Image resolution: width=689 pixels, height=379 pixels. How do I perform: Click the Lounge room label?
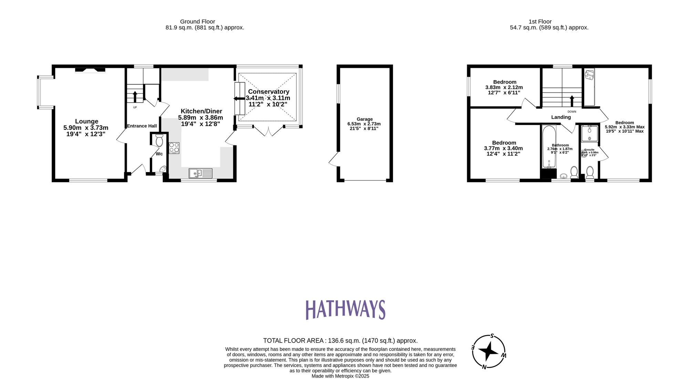click(x=86, y=122)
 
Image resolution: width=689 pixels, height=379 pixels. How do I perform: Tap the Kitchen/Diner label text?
click(x=201, y=111)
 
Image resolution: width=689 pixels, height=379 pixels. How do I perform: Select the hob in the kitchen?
click(x=174, y=148)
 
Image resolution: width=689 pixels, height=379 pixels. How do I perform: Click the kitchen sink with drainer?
click(x=200, y=173)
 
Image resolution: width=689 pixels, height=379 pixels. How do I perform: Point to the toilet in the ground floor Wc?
click(x=159, y=141)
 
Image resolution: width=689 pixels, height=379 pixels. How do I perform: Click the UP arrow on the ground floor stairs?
click(x=135, y=96)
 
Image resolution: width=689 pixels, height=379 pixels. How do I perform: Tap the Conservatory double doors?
click(x=269, y=131)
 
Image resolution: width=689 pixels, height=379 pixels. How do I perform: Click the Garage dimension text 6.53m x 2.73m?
click(x=364, y=124)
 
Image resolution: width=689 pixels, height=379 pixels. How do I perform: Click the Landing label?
click(x=561, y=117)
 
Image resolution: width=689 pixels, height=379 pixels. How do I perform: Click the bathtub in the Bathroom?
click(x=549, y=147)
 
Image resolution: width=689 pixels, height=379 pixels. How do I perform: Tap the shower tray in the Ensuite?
click(x=589, y=134)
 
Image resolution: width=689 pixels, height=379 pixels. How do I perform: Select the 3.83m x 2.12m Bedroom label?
click(x=504, y=87)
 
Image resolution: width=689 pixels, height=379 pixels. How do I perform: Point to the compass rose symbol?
click(x=489, y=351)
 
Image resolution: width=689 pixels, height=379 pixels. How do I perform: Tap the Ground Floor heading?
click(x=197, y=22)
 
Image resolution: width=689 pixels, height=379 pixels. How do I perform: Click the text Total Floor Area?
click(x=293, y=341)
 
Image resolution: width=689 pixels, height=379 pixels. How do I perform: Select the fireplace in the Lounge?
click(x=90, y=70)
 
